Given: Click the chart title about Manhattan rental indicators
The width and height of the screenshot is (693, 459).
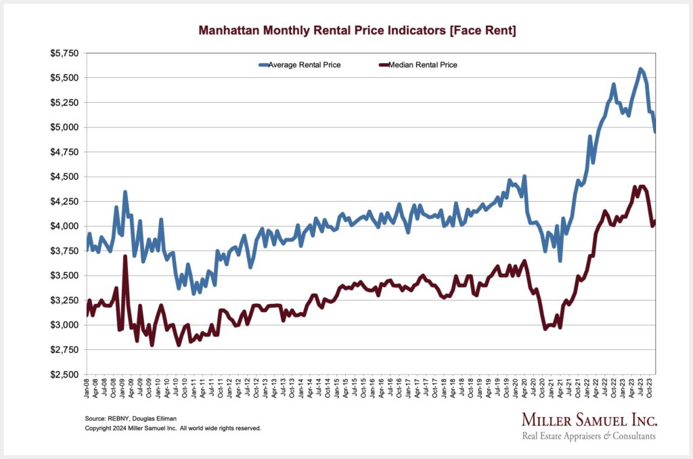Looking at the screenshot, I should point(357,30).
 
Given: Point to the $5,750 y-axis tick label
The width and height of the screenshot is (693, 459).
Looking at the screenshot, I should point(66,53).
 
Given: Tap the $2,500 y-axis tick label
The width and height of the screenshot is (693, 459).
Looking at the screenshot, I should point(66,374).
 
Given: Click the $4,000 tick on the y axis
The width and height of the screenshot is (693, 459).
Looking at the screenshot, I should point(66,226).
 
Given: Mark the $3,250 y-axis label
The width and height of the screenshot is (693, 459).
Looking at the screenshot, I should point(66,301).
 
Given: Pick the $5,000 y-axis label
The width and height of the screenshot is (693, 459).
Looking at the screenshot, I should point(66,127).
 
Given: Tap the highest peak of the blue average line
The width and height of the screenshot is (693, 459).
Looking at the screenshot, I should point(640,69).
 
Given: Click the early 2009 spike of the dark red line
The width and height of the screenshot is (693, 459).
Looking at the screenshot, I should point(125,257).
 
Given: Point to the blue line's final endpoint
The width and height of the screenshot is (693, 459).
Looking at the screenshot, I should point(655,131).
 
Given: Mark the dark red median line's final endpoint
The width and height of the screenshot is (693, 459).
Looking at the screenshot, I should point(655,221).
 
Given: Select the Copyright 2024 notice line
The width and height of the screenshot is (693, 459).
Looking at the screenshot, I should point(173,429).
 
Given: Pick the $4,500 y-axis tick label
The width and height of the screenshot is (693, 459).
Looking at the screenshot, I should point(66,177).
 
